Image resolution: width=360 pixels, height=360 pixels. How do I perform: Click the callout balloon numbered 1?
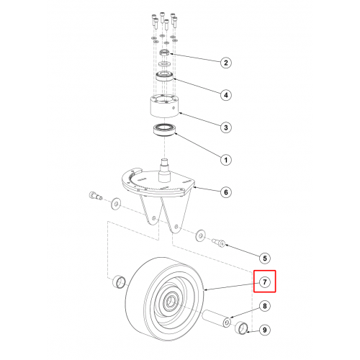pyautogui.click(x=226, y=160)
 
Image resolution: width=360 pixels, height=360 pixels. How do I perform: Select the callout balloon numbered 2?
pyautogui.click(x=226, y=63)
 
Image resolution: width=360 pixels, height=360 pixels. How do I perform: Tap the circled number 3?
pyautogui.click(x=226, y=127)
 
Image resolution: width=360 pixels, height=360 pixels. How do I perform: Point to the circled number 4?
pyautogui.click(x=226, y=95)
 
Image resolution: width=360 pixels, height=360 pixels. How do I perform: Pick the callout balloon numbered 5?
pyautogui.click(x=265, y=258)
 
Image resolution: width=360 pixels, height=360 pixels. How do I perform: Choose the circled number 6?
pyautogui.click(x=226, y=192)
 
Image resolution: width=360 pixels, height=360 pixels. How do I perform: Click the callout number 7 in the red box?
pyautogui.click(x=265, y=282)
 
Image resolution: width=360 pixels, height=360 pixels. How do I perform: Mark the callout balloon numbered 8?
pyautogui.click(x=265, y=306)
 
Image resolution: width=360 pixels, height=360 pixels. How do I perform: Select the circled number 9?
pyautogui.click(x=265, y=330)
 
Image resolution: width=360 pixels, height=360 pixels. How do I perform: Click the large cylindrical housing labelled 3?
pyautogui.click(x=164, y=106)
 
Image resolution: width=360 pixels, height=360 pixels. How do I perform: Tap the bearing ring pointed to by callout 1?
pyautogui.click(x=165, y=130)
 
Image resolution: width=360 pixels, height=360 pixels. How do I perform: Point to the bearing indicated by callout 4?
pyautogui.click(x=165, y=76)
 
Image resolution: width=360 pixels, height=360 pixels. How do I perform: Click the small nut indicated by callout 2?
pyautogui.click(x=165, y=53)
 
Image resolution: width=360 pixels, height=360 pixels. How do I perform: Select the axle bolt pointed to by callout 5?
pyautogui.click(x=219, y=243)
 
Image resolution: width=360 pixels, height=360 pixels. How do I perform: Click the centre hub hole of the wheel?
pyautogui.click(x=171, y=300)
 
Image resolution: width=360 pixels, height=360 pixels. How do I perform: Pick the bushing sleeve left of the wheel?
pyautogui.click(x=120, y=282)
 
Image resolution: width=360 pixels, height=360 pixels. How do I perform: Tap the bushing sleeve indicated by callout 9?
pyautogui.click(x=241, y=328)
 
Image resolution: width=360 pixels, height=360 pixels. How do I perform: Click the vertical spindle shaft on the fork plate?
pyautogui.click(x=165, y=171)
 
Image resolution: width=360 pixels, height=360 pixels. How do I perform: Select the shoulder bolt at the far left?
pyautogui.click(x=96, y=196)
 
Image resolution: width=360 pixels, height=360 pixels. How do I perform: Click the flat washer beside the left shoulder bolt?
pyautogui.click(x=116, y=204)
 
